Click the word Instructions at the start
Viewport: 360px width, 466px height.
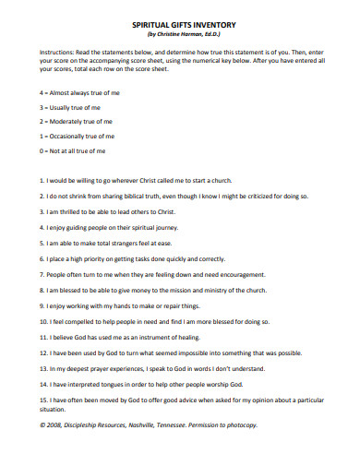pyautogui.click(x=54, y=53)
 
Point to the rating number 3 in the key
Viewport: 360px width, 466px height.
pyautogui.click(x=41, y=108)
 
